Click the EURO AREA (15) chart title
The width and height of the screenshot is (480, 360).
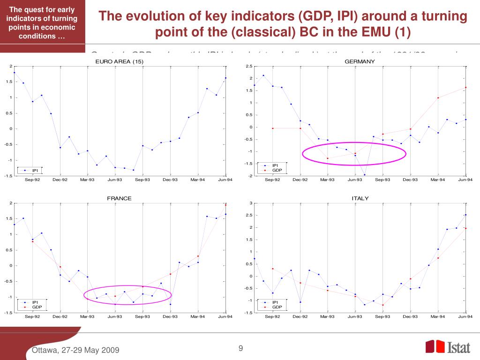tap(119, 62)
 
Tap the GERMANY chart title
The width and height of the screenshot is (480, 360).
tap(360, 62)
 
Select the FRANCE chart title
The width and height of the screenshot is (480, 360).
tap(119, 198)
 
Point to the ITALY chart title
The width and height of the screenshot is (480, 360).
tap(360, 198)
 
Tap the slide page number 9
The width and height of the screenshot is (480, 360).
tap(241, 348)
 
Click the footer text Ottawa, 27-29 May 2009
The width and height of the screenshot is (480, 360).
tap(75, 351)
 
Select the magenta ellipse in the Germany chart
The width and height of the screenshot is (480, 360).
tap(354, 153)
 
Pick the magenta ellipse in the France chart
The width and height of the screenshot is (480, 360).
tap(128, 295)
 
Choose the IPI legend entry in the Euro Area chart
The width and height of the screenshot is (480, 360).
tap(35, 170)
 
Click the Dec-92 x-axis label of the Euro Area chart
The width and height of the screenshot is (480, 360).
tap(60, 180)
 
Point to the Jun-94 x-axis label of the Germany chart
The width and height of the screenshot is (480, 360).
tap(465, 180)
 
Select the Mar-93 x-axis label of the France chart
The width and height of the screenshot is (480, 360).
tap(87, 317)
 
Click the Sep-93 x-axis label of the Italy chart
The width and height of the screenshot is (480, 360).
tap(382, 317)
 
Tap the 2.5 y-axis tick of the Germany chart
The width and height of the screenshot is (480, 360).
tap(248, 66)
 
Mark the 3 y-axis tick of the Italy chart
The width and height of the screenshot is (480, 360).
tap(251, 203)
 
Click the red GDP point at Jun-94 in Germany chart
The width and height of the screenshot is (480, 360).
tap(465, 88)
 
